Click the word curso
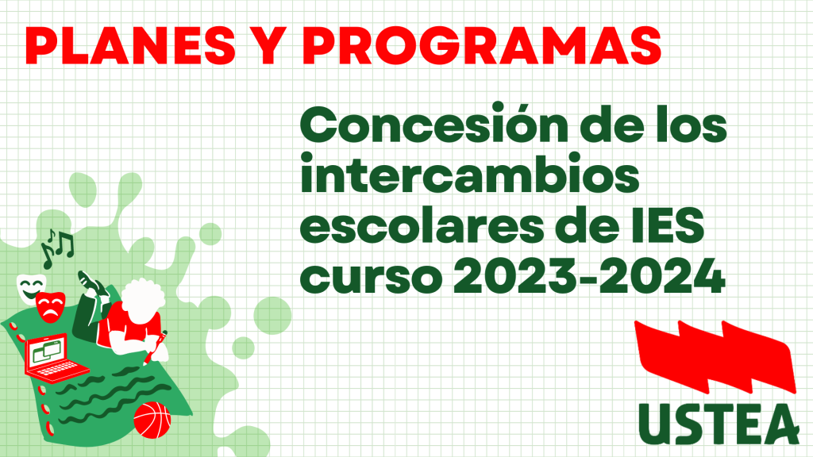coord(371,276)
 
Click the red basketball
coord(152,420)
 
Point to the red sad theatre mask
coord(50,307)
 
